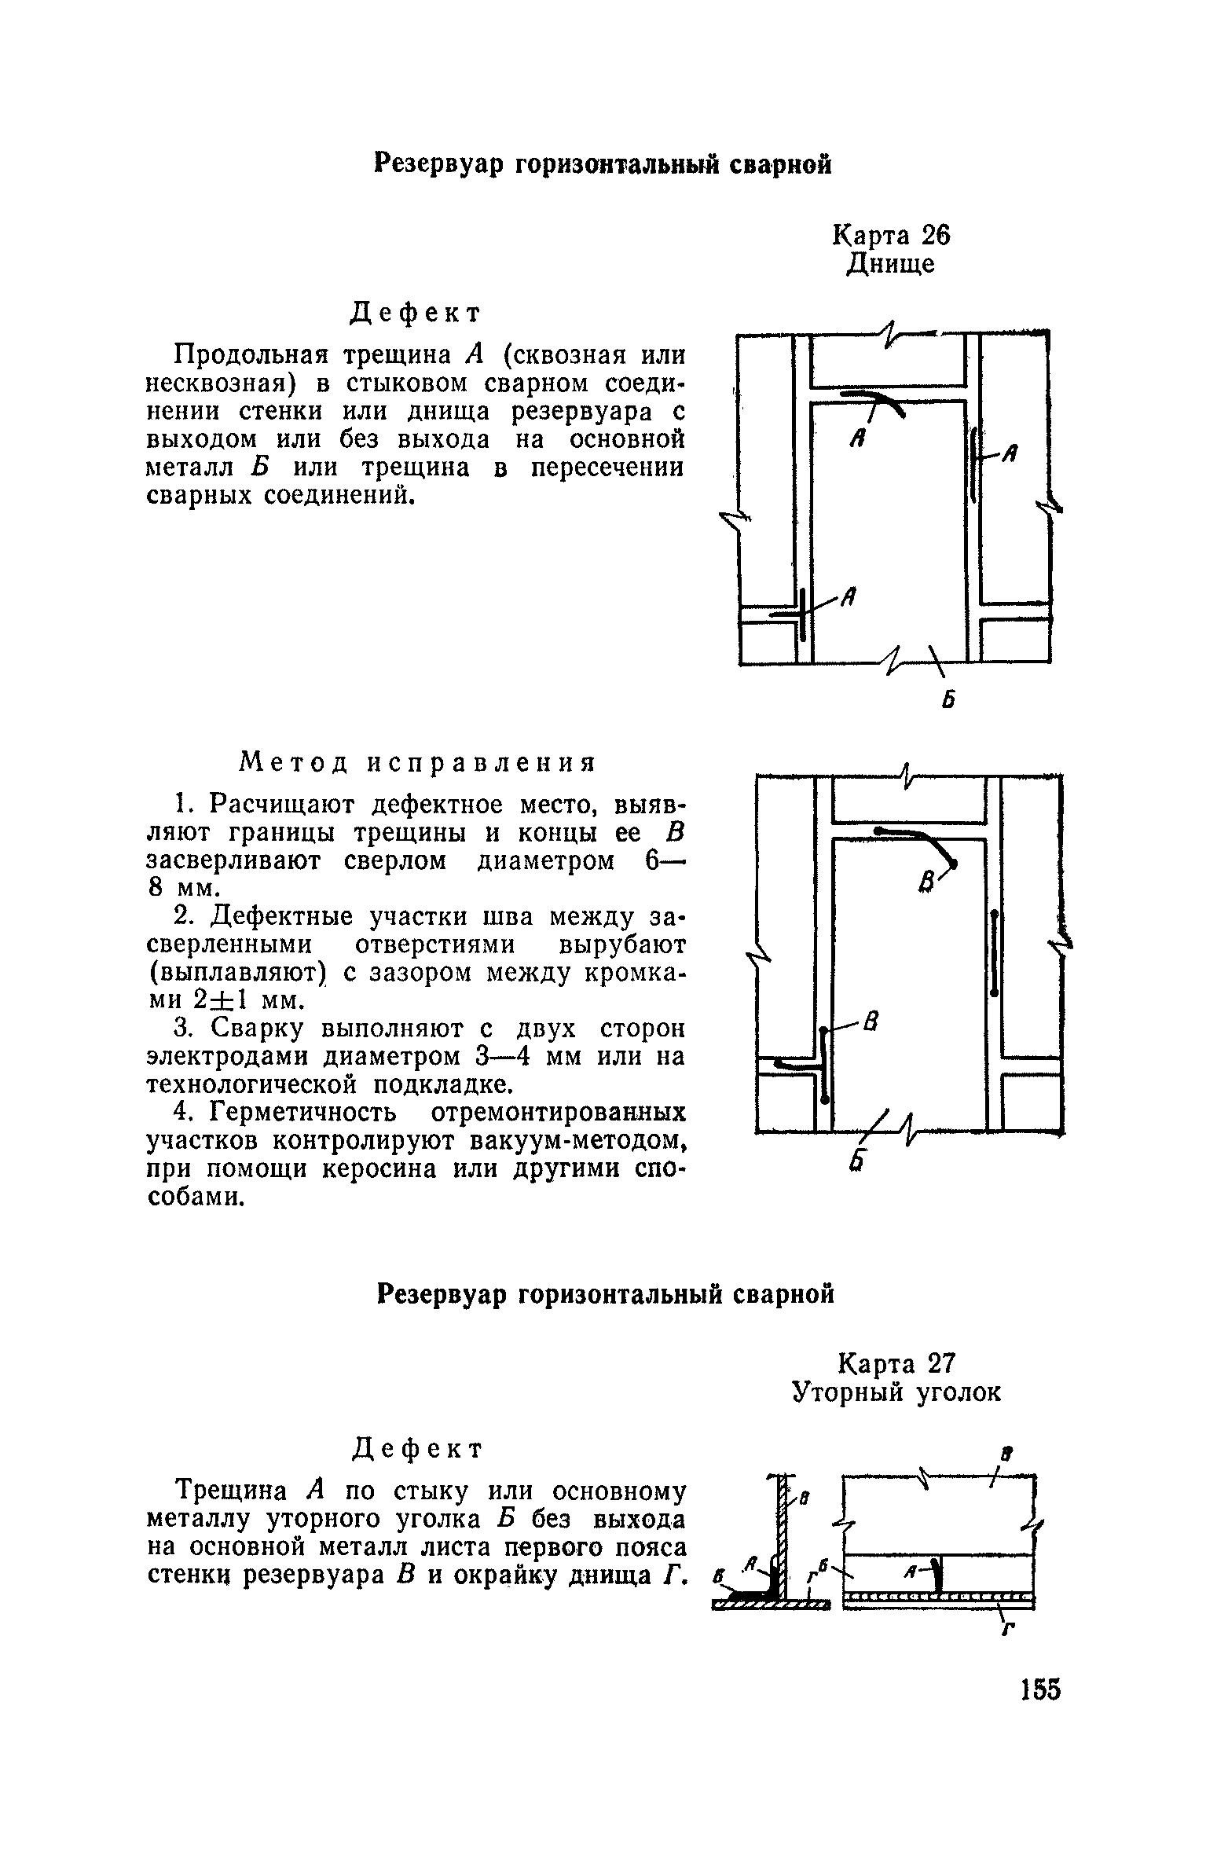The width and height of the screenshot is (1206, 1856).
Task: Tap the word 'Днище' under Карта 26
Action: (x=891, y=263)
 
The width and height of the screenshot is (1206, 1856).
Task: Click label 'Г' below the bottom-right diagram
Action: (x=1006, y=1630)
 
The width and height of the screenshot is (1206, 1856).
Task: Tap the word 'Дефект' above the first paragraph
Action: (x=414, y=313)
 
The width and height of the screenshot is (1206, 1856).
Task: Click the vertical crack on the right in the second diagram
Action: (x=995, y=953)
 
